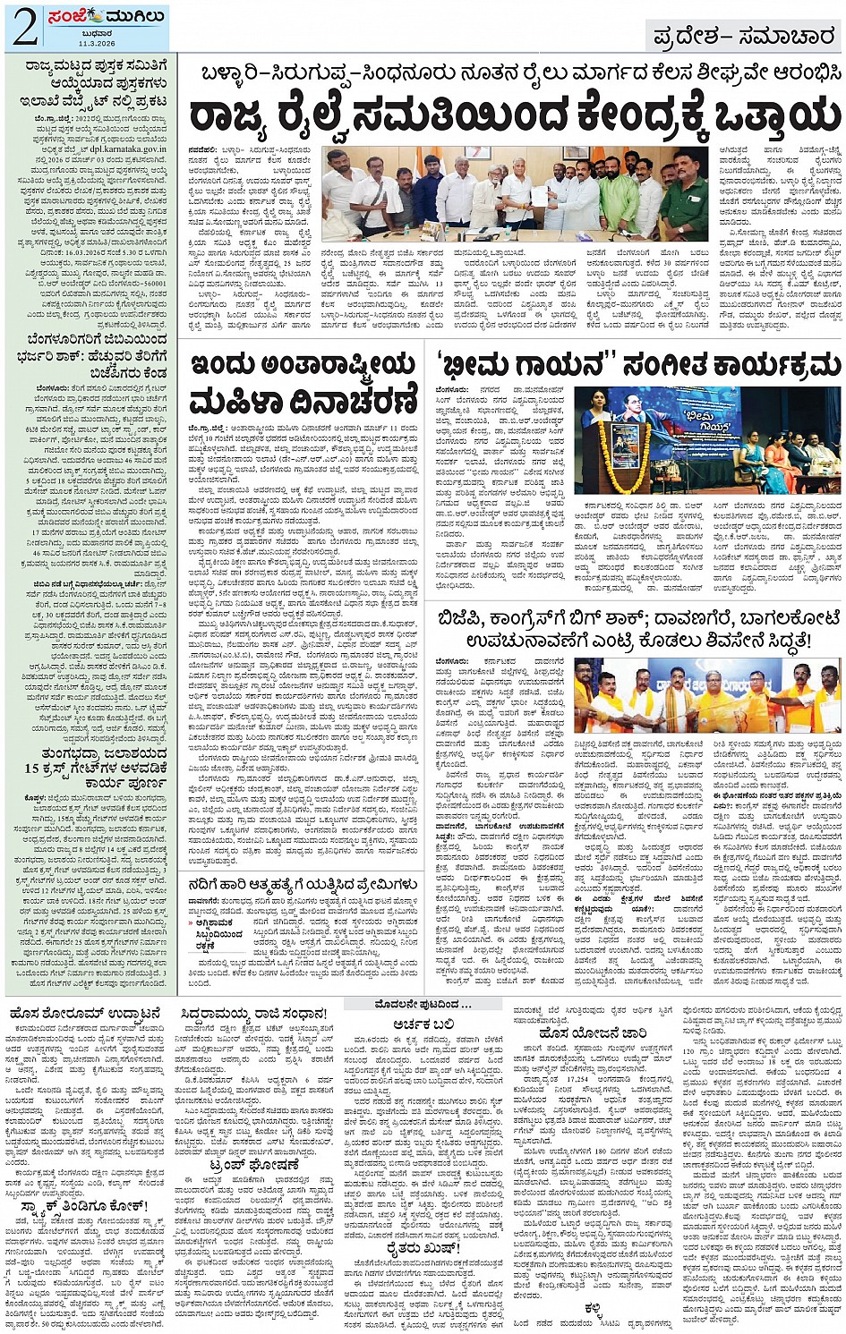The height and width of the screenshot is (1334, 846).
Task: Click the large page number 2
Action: [24, 27]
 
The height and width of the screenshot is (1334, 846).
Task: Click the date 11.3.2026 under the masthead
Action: [94, 42]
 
